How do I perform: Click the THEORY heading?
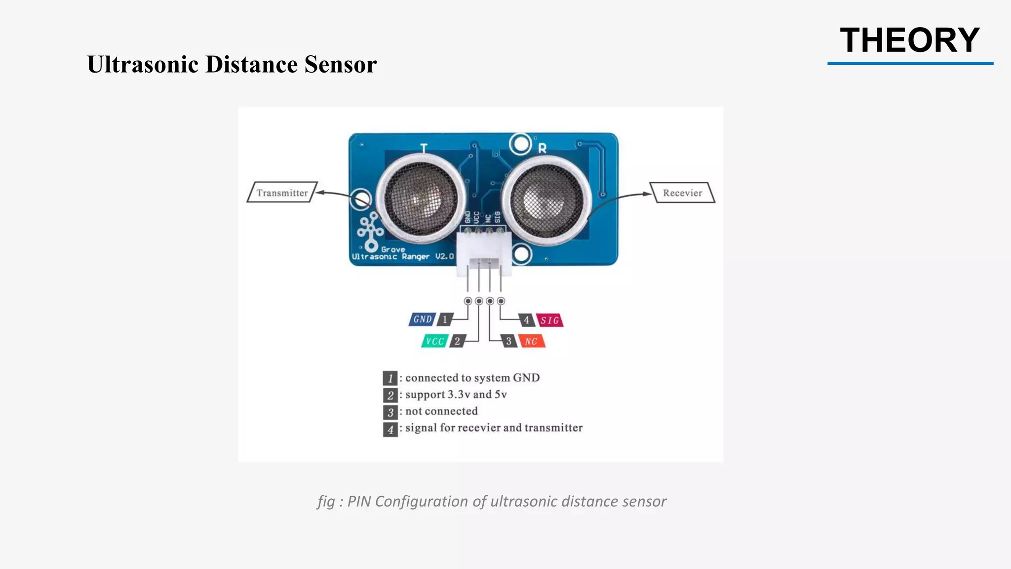pos(909,41)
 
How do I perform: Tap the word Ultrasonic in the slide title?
pos(143,65)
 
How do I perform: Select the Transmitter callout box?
pos(282,193)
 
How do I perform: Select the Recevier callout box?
pos(682,193)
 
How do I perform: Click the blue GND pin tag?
pos(422,320)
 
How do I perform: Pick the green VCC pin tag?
pos(434,341)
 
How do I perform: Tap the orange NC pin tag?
pos(531,341)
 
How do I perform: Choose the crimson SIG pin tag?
pos(549,321)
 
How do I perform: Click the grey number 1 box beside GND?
pos(445,320)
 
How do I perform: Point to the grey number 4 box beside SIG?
pos(526,321)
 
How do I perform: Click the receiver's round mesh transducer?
pos(545,199)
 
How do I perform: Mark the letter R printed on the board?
pos(542,148)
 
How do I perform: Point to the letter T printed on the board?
pos(424,148)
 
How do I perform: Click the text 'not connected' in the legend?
pos(441,411)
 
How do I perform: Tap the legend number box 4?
pos(390,429)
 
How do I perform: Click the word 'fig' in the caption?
pos(326,501)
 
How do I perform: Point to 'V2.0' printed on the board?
pos(444,257)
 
